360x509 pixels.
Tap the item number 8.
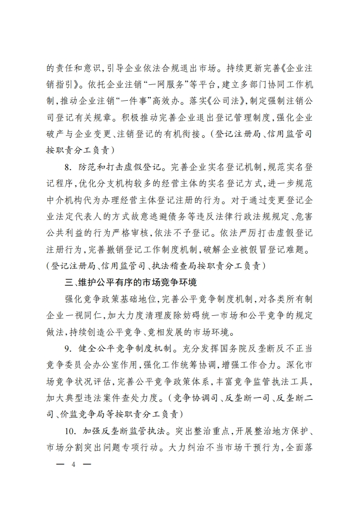click(x=68, y=167)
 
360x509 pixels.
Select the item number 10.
click(x=69, y=430)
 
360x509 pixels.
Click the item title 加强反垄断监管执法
click(x=121, y=430)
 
